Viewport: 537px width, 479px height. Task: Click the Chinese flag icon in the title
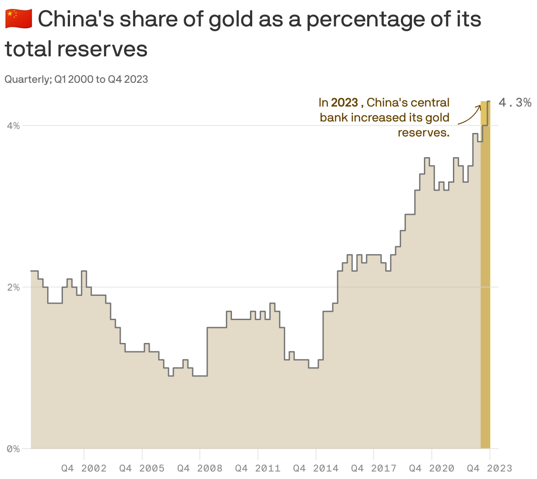pos(18,19)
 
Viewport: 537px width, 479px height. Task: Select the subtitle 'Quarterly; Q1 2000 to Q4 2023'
pos(76,79)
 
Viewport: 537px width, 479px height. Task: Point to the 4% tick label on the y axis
pos(13,126)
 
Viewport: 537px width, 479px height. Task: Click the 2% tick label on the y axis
pos(13,287)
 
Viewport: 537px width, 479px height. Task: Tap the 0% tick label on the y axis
pos(13,449)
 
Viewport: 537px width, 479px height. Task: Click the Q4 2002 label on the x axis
pos(84,468)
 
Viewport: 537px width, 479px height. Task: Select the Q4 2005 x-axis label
pos(142,468)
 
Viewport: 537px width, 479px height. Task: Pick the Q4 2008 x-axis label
pos(200,468)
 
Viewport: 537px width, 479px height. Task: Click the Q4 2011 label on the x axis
pos(257,468)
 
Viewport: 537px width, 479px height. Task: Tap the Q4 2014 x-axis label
pos(316,468)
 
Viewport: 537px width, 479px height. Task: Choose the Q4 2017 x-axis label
pos(373,468)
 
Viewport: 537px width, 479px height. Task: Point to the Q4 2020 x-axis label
pos(431,468)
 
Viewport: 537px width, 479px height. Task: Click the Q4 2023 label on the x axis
pos(489,468)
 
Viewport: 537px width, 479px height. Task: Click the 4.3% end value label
pos(515,103)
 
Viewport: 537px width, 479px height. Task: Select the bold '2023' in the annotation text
pos(344,103)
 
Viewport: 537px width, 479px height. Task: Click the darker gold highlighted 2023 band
pos(485,286)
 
